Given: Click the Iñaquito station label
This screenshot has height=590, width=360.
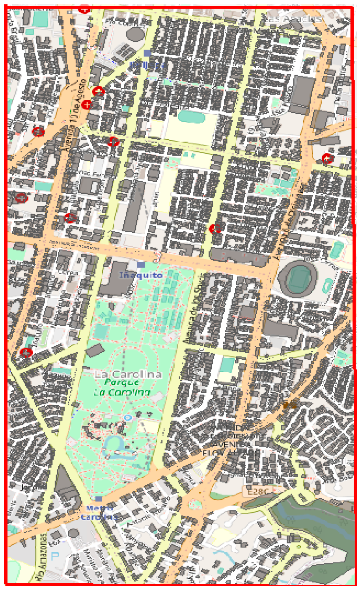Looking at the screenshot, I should [141, 275].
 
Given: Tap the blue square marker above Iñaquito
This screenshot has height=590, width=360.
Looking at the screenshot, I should [141, 264].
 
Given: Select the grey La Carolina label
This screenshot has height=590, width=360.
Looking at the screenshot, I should [129, 374].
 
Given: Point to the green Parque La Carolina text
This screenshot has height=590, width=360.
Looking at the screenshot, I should [122, 387].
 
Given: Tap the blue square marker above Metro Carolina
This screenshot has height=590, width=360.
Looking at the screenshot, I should [99, 499].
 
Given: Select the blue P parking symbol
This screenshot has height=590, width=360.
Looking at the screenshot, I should [55, 556].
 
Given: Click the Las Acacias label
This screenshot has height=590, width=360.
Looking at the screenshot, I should [294, 18].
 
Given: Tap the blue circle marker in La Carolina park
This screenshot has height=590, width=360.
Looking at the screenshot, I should [128, 417].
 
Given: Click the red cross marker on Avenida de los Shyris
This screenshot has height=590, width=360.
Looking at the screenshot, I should [215, 229].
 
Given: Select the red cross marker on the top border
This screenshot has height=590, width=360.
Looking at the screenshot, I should [84, 9].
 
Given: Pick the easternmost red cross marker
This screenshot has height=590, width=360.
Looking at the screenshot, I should [327, 158].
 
